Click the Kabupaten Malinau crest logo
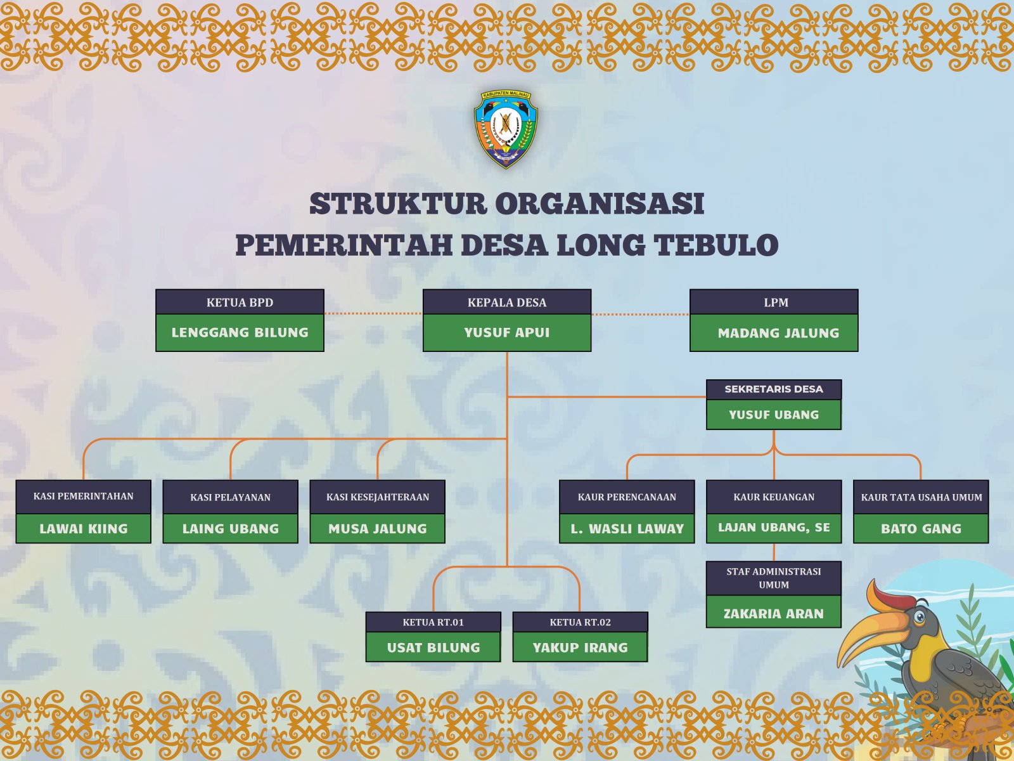tap(506, 129)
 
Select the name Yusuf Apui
tap(507, 333)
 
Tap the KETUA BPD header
tap(240, 302)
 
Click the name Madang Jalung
tap(778, 333)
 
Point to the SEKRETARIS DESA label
tap(774, 389)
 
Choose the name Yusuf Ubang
tap(774, 415)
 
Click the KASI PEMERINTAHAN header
tap(83, 497)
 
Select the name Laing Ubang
tap(231, 529)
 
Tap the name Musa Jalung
tap(378, 529)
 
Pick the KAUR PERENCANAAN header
tap(627, 497)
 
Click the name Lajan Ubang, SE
tap(774, 528)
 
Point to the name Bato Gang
tap(921, 529)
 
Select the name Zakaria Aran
tap(774, 614)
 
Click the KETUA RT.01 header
tap(433, 622)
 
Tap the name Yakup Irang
tap(581, 647)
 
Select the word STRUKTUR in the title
tap(398, 204)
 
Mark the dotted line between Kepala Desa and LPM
tap(640, 314)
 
